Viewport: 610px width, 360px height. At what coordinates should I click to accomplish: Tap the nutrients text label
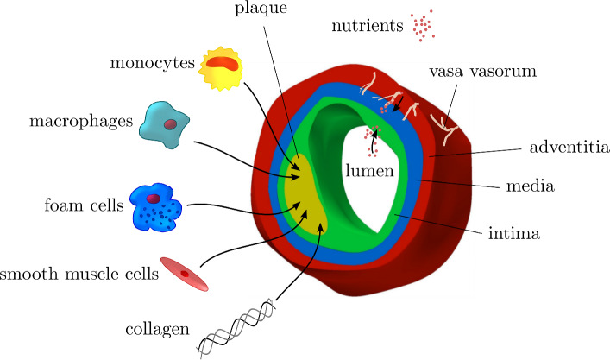(368, 26)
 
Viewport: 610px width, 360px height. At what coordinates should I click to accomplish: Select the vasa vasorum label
(481, 72)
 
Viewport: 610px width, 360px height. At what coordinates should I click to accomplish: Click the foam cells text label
(82, 206)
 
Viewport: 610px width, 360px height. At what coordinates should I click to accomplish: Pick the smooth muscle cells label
(80, 275)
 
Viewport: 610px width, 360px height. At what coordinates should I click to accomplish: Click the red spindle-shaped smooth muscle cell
(185, 273)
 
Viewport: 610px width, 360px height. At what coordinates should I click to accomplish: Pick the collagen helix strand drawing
(236, 326)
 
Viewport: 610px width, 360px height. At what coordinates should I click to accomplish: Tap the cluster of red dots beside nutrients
(423, 26)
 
